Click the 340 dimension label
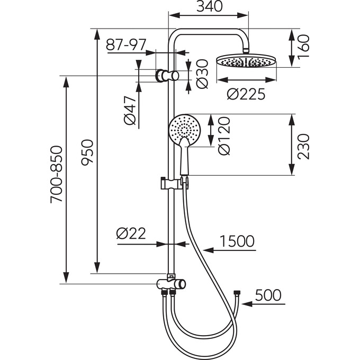click(x=210, y=6)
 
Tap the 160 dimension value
click(x=303, y=47)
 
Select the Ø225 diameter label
click(x=246, y=94)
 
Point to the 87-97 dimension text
click(x=126, y=44)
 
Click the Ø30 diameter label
click(x=202, y=74)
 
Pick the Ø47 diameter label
click(x=130, y=110)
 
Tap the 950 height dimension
click(x=87, y=152)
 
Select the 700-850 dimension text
click(x=56, y=174)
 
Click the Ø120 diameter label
click(x=224, y=136)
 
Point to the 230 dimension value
click(x=303, y=147)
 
